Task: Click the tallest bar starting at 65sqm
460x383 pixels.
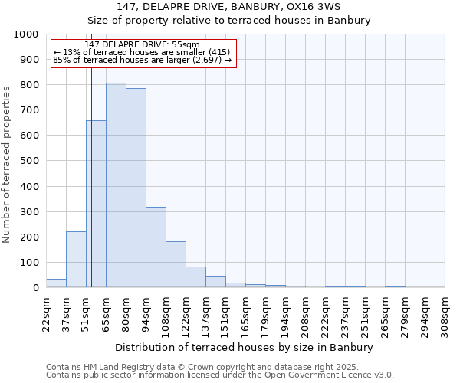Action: [x=116, y=185]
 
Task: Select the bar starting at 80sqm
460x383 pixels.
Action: [x=136, y=188]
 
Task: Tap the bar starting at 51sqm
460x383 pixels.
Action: [x=96, y=205]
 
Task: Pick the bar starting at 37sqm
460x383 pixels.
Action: [x=76, y=260]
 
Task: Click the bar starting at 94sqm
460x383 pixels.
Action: [x=156, y=247]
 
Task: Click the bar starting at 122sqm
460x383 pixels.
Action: [x=195, y=277]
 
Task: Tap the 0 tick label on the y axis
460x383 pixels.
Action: [x=36, y=288]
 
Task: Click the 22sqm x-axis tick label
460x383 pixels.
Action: [x=46, y=313]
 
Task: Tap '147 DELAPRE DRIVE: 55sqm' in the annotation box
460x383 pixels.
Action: [x=142, y=44]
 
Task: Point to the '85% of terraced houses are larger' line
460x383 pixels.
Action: [x=142, y=60]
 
